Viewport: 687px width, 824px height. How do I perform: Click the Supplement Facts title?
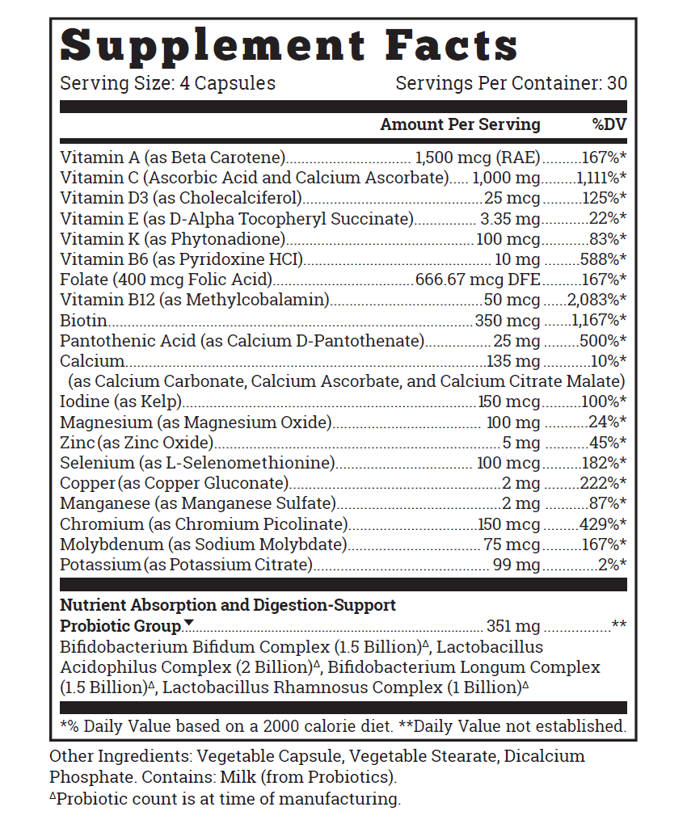(289, 46)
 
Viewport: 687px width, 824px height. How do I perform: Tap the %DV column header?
(609, 124)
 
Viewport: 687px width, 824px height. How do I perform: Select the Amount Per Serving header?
(460, 124)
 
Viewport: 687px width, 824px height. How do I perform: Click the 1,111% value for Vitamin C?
(601, 178)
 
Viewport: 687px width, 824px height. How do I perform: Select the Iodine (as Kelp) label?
(120, 402)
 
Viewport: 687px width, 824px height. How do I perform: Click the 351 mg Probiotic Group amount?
(513, 626)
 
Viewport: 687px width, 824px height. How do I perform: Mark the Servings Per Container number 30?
(617, 83)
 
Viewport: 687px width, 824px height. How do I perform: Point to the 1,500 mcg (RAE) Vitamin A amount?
(477, 158)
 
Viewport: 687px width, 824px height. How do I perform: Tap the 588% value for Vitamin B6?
(603, 259)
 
